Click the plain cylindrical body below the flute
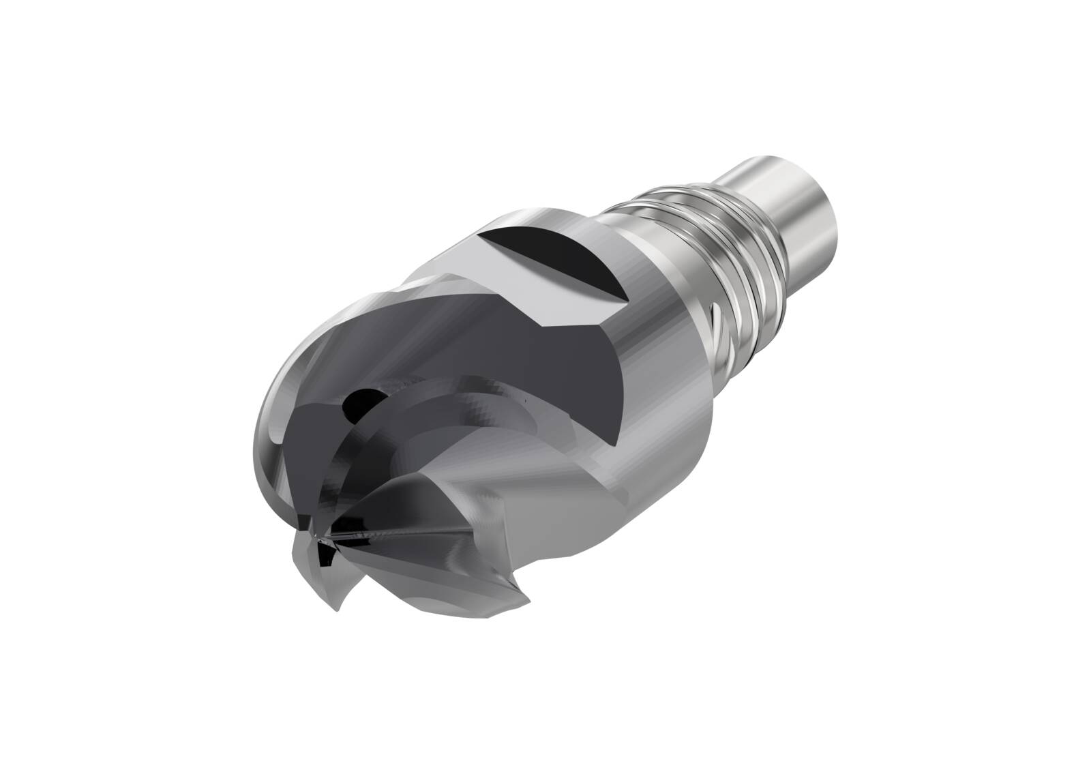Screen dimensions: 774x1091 (655, 436)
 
